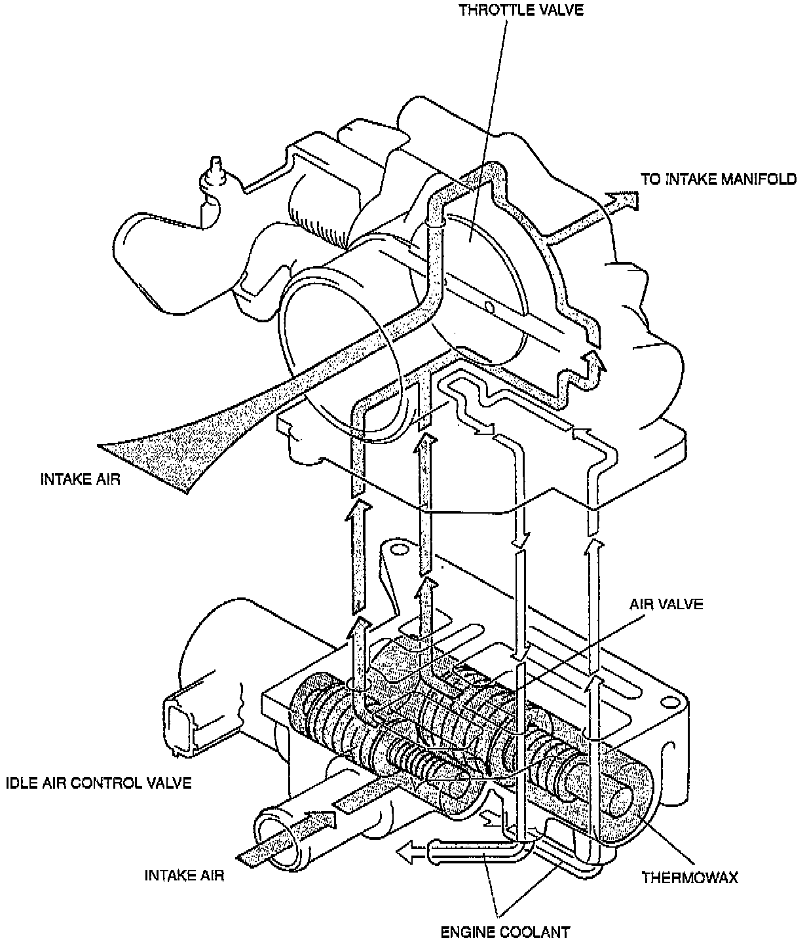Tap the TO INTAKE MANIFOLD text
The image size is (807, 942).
(x=719, y=179)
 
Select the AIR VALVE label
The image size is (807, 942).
(x=666, y=603)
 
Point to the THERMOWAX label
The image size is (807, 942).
(x=690, y=876)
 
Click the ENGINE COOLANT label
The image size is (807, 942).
(x=505, y=931)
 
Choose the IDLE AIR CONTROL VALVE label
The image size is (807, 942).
(x=98, y=783)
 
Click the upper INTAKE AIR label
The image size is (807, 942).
(x=80, y=479)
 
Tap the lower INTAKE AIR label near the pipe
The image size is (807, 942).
(x=184, y=875)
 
